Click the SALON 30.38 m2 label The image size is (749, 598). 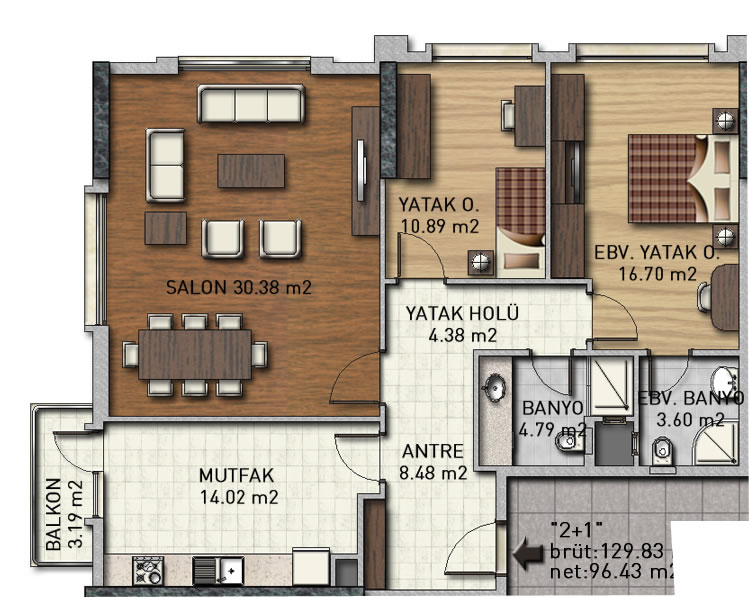pos(239,287)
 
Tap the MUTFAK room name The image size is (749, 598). pos(236,475)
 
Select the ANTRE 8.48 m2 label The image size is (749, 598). pos(433,462)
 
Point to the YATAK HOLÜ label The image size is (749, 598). pos(462,313)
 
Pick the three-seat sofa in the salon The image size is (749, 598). pos(251,104)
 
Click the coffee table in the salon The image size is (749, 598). pos(251,171)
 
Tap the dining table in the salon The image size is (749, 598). pos(195,354)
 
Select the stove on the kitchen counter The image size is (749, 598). pos(148,570)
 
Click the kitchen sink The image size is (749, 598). pos(218,570)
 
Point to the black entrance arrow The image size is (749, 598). pos(528,554)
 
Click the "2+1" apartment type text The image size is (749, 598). pos(576,529)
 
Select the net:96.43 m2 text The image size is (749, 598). pos(613,571)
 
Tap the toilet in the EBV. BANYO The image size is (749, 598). pos(662,451)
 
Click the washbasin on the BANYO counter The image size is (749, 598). pos(495,386)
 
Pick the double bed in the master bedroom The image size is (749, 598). pos(683,178)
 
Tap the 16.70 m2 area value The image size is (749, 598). pos(658,274)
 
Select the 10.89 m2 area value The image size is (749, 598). pos(439,226)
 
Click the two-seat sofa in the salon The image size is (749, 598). pos(165,165)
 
